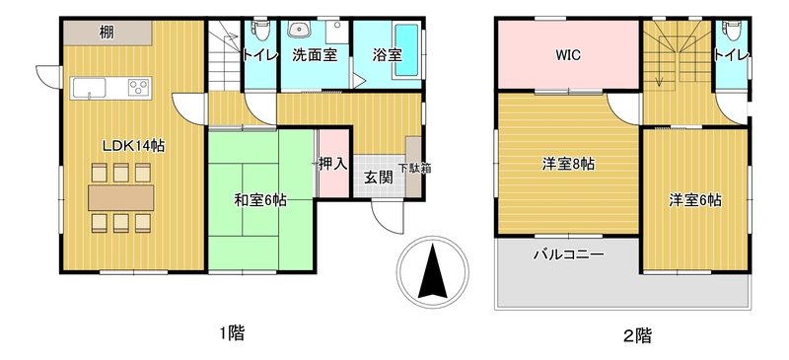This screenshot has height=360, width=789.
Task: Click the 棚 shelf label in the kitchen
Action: click(x=106, y=34)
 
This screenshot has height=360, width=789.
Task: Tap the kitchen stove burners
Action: click(x=139, y=88)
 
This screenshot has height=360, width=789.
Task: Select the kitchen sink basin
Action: click(x=89, y=88)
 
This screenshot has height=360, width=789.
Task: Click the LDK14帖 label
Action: click(x=134, y=147)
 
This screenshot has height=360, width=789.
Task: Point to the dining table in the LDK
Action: click(x=120, y=197)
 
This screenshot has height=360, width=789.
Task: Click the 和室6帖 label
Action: click(x=260, y=200)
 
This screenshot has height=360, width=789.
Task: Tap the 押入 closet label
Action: click(x=332, y=163)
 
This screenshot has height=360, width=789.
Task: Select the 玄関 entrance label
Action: click(x=379, y=178)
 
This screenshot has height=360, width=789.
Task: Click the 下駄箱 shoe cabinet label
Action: click(x=415, y=169)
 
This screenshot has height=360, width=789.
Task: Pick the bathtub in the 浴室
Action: click(x=406, y=50)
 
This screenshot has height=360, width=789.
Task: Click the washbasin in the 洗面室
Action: click(x=300, y=30)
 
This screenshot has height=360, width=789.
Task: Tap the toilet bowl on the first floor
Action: click(x=260, y=31)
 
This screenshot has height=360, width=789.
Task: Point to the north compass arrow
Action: click(x=433, y=271)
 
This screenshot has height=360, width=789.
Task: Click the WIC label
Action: click(x=568, y=55)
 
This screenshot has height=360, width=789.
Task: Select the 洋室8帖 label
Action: click(x=568, y=164)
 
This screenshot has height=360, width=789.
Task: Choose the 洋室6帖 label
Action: click(x=695, y=200)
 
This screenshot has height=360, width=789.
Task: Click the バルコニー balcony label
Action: click(x=569, y=254)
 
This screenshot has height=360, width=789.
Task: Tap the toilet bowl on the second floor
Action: click(x=732, y=32)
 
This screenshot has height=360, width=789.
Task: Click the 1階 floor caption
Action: click(x=233, y=333)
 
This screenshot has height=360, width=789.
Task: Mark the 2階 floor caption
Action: click(x=637, y=334)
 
